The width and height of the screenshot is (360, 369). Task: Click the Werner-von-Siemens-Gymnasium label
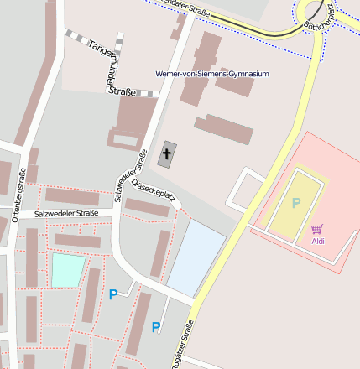point(212,74)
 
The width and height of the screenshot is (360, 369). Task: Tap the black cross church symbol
point(167,154)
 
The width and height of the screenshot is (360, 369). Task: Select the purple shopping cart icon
point(316,228)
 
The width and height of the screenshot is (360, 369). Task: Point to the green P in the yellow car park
point(295,203)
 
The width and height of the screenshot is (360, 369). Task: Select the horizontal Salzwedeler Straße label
point(66,214)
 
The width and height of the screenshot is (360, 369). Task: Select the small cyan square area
point(68,270)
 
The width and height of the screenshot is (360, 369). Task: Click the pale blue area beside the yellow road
point(196,257)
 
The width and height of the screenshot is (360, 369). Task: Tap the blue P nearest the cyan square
point(113,294)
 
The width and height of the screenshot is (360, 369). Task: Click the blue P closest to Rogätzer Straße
point(156,327)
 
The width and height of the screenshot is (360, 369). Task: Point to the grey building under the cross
point(167,156)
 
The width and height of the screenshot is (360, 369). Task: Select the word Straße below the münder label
point(123,91)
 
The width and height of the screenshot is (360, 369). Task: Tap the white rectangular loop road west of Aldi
point(245,189)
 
